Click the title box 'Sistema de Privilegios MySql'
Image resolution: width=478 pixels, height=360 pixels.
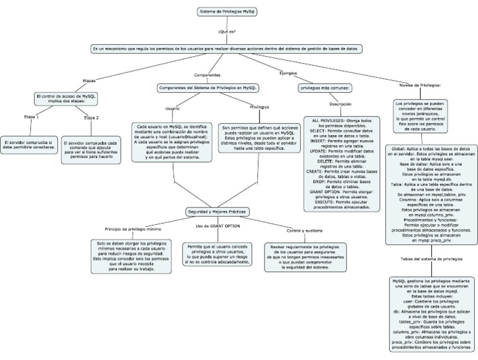[227, 12]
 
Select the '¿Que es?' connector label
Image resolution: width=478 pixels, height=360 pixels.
[227, 31]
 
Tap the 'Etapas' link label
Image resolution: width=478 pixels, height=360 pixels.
[90, 80]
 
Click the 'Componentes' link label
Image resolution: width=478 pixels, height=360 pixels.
[207, 75]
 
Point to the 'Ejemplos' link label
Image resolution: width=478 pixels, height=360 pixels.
[288, 73]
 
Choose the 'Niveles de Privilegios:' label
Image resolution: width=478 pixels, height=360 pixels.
[420, 85]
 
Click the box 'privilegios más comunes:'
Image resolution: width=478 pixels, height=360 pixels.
[326, 88]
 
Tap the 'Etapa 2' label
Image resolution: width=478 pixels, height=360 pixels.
[91, 116]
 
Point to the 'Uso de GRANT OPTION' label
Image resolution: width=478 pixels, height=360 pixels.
[217, 225]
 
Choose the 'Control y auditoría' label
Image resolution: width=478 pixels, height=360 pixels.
[303, 230]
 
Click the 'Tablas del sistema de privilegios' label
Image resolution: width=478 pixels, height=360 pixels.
[431, 257]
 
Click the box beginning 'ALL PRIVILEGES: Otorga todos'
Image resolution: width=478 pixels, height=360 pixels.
[341, 163]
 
